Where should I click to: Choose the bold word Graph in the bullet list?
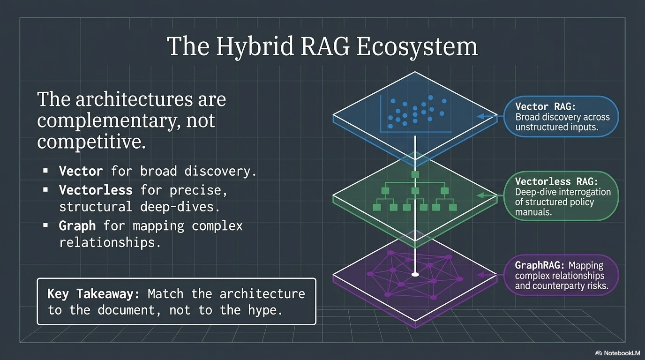click(77, 226)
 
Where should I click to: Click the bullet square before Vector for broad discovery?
click(45, 172)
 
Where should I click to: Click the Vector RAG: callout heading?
click(545, 107)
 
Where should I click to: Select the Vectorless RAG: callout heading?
click(556, 181)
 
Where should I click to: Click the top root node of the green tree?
click(415, 174)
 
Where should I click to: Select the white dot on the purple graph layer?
click(414, 274)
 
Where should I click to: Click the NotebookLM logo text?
click(621, 352)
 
